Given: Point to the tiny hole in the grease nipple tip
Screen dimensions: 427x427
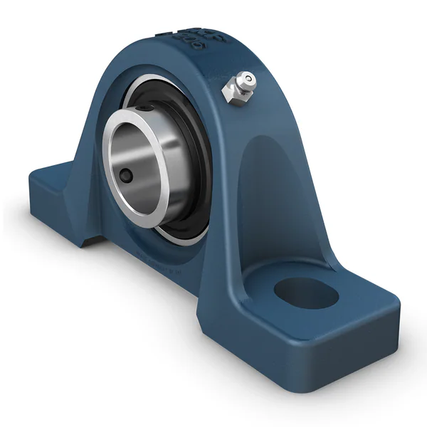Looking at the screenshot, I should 249,77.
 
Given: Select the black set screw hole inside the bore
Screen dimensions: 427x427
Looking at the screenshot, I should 127,174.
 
